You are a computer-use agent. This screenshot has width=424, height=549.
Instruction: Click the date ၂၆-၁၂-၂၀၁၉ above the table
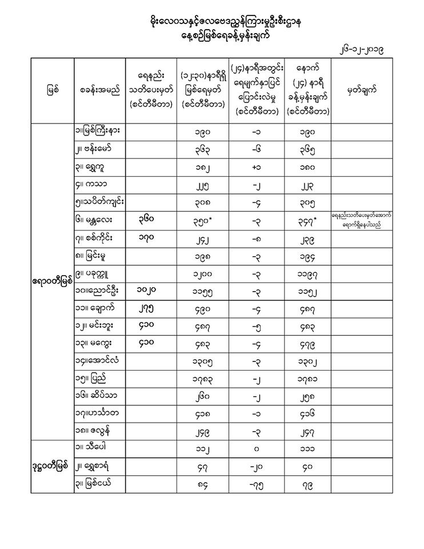pos(361,50)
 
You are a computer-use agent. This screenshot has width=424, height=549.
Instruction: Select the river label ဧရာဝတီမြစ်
pos(52,281)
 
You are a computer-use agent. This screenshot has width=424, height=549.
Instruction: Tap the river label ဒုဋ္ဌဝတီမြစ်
pos(52,464)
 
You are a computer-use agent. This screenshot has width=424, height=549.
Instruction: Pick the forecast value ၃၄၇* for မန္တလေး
pos(309,219)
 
